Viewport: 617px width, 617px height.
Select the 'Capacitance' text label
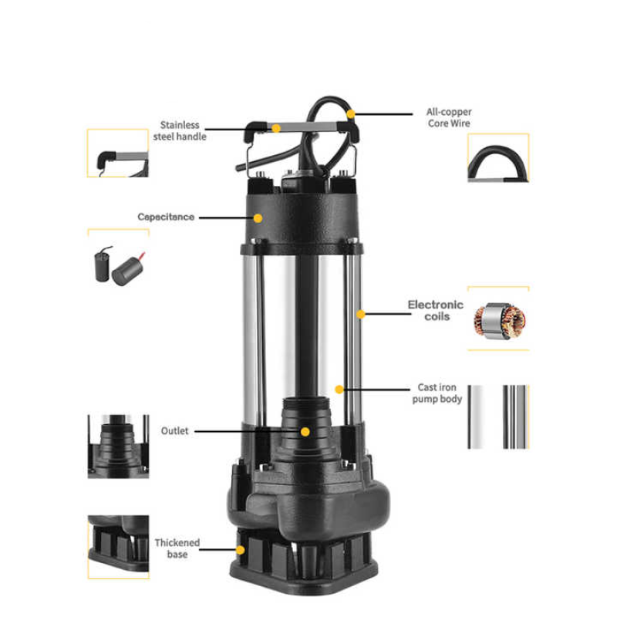point(166,217)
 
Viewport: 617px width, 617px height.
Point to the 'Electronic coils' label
point(436,310)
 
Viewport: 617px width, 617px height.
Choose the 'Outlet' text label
point(174,431)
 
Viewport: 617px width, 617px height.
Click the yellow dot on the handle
point(276,128)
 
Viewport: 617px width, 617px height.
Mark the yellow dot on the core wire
point(351,113)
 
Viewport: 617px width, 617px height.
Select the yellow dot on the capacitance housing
point(258,218)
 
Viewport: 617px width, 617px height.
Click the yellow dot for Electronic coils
point(360,314)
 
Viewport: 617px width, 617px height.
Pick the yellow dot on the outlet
point(305,432)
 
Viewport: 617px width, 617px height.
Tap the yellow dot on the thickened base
point(241,550)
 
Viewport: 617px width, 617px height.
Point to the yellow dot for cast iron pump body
point(339,389)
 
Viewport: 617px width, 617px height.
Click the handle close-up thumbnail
point(118,154)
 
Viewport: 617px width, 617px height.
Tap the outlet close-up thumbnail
point(117,445)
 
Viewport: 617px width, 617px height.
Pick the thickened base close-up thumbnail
point(117,545)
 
